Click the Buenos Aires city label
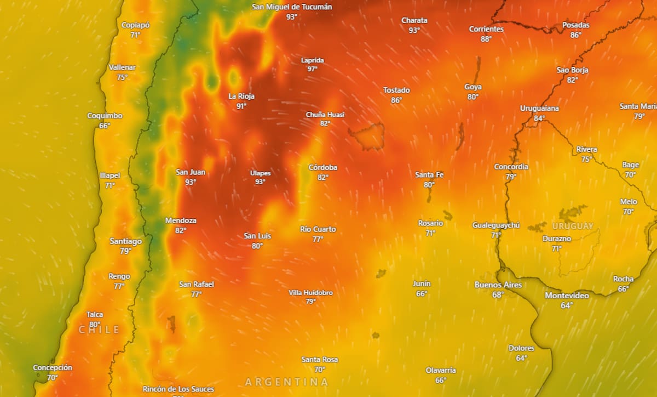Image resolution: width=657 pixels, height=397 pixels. (498, 285)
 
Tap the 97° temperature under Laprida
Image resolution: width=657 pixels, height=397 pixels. (312, 69)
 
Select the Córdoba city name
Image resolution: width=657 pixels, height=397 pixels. (322, 167)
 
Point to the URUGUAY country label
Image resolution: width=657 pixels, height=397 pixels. (573, 226)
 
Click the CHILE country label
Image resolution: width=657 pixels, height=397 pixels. (99, 330)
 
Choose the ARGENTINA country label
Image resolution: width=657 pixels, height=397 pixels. (286, 382)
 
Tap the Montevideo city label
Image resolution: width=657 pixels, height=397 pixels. (567, 296)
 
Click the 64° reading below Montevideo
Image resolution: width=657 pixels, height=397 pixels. (567, 305)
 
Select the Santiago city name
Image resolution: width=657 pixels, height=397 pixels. (125, 241)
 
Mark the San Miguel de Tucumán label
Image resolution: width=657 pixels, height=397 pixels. (292, 7)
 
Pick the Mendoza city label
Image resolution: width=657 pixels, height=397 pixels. (181, 220)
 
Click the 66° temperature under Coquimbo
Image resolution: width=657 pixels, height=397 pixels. (105, 126)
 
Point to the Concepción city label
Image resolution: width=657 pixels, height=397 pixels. (52, 367)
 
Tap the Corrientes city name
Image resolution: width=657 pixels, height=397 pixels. (486, 29)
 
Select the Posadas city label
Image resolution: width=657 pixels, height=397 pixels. (576, 25)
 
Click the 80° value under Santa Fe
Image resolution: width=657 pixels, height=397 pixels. (429, 185)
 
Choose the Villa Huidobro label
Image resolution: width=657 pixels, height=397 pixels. (310, 292)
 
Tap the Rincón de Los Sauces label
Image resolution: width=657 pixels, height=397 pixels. (178, 389)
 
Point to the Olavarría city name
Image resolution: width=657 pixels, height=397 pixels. (441, 370)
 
